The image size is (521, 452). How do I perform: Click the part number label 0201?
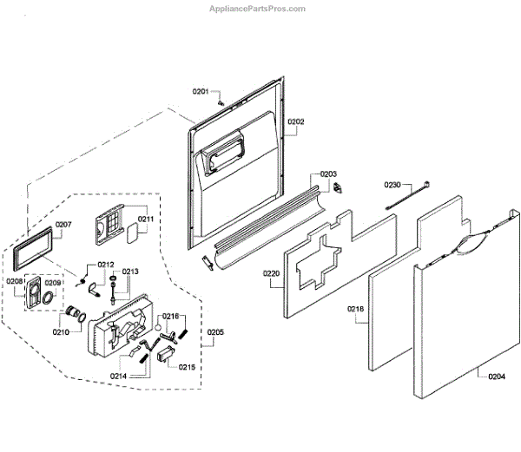pos(201,92)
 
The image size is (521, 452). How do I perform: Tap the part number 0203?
pos(327,174)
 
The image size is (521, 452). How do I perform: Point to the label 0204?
pos(496,377)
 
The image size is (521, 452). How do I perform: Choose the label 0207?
pos(63,225)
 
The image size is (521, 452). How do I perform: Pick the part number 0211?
pos(145,219)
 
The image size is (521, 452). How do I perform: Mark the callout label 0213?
pos(130,272)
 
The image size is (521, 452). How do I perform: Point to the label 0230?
pos(392,185)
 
